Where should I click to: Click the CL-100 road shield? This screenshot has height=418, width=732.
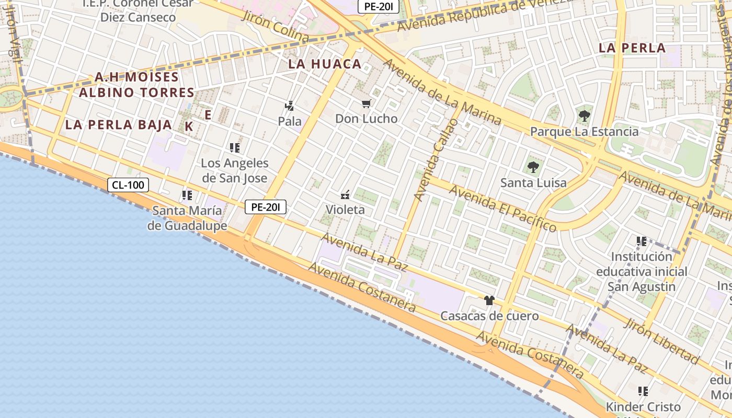pyautogui.click(x=129, y=184)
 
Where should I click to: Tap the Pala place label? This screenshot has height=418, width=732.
pyautogui.click(x=290, y=121)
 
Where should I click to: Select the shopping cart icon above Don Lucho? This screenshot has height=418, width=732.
pyautogui.click(x=367, y=104)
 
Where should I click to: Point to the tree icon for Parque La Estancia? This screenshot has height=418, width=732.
pyautogui.click(x=584, y=116)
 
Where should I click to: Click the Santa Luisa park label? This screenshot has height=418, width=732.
pyautogui.click(x=533, y=183)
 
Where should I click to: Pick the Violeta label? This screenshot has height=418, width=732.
pyautogui.click(x=345, y=210)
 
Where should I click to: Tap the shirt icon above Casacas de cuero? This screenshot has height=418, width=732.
pyautogui.click(x=489, y=300)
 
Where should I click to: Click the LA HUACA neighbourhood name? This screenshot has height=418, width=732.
pyautogui.click(x=325, y=64)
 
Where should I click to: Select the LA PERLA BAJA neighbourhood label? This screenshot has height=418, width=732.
pyautogui.click(x=119, y=125)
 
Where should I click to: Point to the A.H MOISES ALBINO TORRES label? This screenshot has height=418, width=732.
pyautogui.click(x=136, y=85)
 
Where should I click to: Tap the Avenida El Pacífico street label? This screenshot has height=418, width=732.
pyautogui.click(x=502, y=208)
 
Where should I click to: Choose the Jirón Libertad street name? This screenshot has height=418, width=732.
pyautogui.click(x=661, y=341)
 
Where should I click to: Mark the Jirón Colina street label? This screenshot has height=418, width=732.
pyautogui.click(x=275, y=25)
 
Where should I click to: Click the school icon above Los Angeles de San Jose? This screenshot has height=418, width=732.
pyautogui.click(x=235, y=148)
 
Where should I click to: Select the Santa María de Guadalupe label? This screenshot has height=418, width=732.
pyautogui.click(x=187, y=218)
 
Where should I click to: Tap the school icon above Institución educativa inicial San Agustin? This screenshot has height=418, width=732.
pyautogui.click(x=642, y=241)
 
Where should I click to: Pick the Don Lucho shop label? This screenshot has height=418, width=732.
pyautogui.click(x=366, y=119)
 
